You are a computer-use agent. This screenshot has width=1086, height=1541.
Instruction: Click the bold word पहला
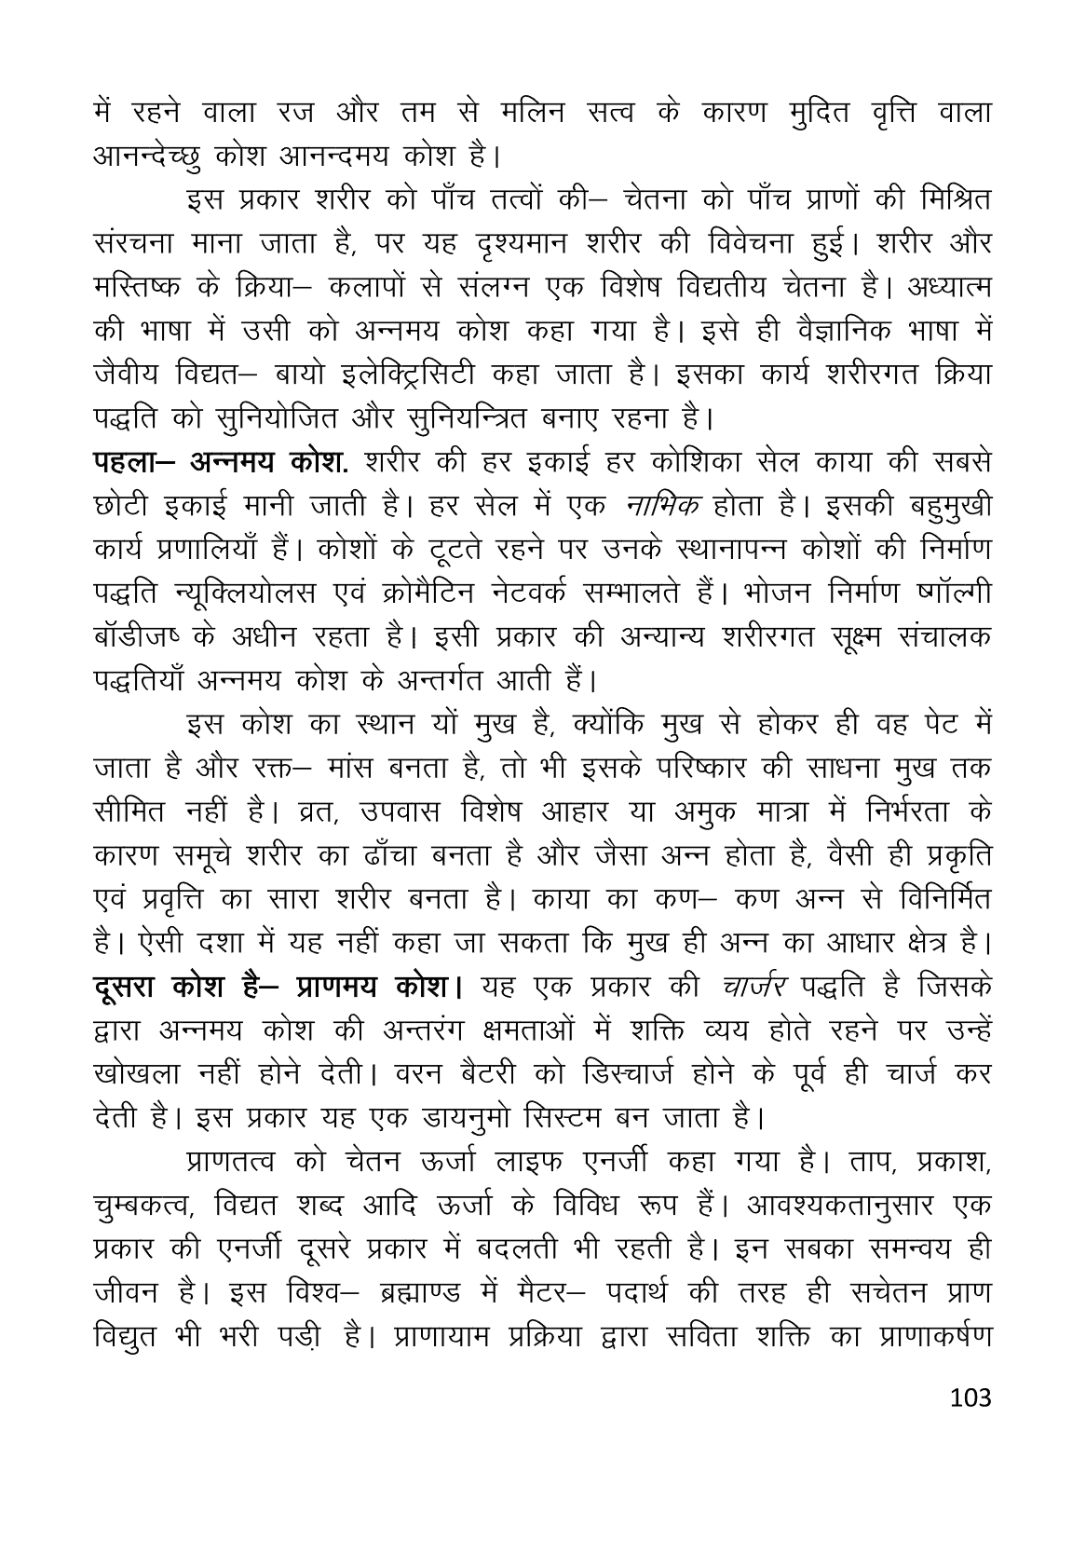coord(133,463)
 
